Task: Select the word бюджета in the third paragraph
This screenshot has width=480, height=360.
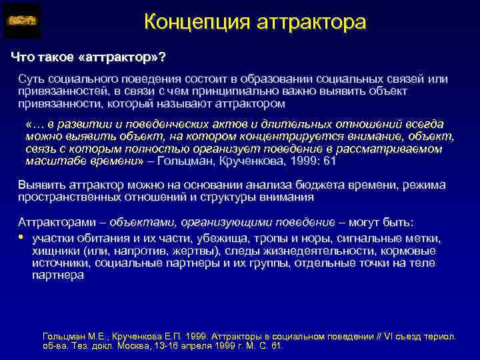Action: coord(303,185)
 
